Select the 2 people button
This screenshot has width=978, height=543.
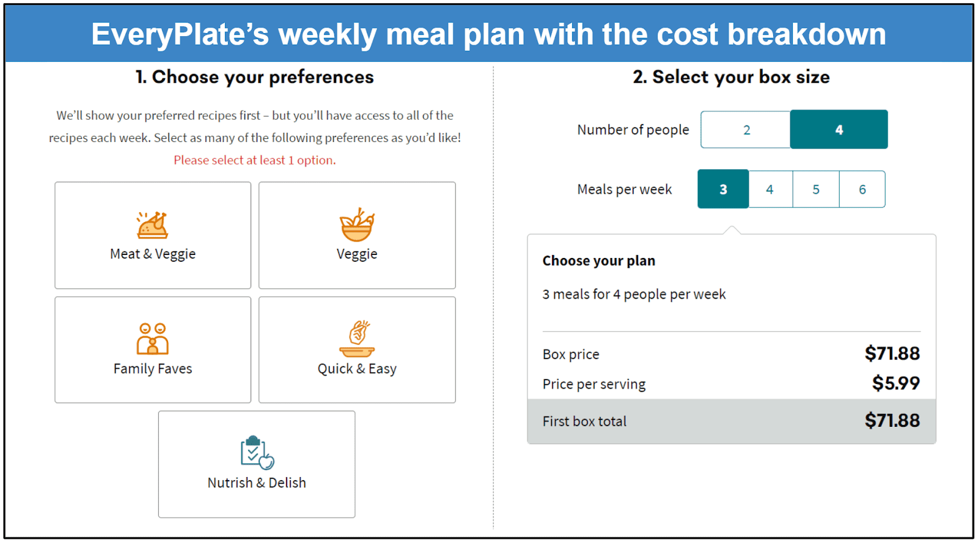tap(746, 130)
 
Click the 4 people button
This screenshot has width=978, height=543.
tap(839, 130)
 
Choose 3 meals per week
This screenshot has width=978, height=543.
tap(723, 189)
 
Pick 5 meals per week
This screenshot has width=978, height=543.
tap(815, 189)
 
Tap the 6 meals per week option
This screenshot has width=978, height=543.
tap(862, 189)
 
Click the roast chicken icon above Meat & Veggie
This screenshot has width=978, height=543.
tap(152, 225)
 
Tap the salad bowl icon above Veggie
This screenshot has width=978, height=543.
tap(357, 224)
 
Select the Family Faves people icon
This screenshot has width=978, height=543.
tap(152, 339)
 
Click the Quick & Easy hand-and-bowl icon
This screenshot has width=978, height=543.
tap(357, 339)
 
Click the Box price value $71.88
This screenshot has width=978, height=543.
tap(892, 353)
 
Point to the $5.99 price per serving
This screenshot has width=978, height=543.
tap(896, 383)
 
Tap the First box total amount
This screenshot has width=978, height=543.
tap(892, 420)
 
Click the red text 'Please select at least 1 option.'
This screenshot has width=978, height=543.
tap(254, 160)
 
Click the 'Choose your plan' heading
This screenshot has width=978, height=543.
tap(598, 260)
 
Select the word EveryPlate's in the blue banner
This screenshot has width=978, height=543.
tap(180, 34)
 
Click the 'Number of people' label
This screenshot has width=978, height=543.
tap(633, 130)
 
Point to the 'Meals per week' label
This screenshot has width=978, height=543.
tap(624, 189)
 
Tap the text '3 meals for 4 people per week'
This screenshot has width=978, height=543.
tap(634, 295)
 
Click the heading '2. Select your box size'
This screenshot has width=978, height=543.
tap(731, 77)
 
